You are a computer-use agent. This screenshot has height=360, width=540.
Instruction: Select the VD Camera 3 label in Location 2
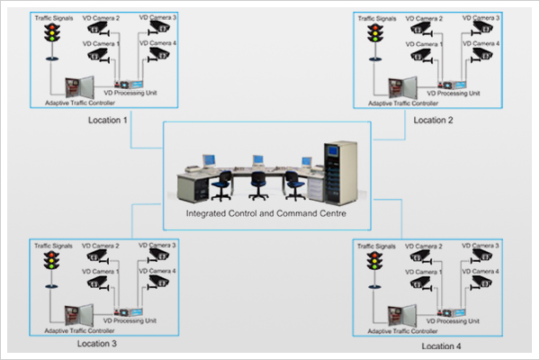pos(482,18)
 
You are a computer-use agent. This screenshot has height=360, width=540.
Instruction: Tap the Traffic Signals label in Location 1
pos(53,17)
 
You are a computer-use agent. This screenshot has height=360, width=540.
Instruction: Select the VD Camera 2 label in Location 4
pos(421,247)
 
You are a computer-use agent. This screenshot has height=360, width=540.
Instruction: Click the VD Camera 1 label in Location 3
pos(101,271)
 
